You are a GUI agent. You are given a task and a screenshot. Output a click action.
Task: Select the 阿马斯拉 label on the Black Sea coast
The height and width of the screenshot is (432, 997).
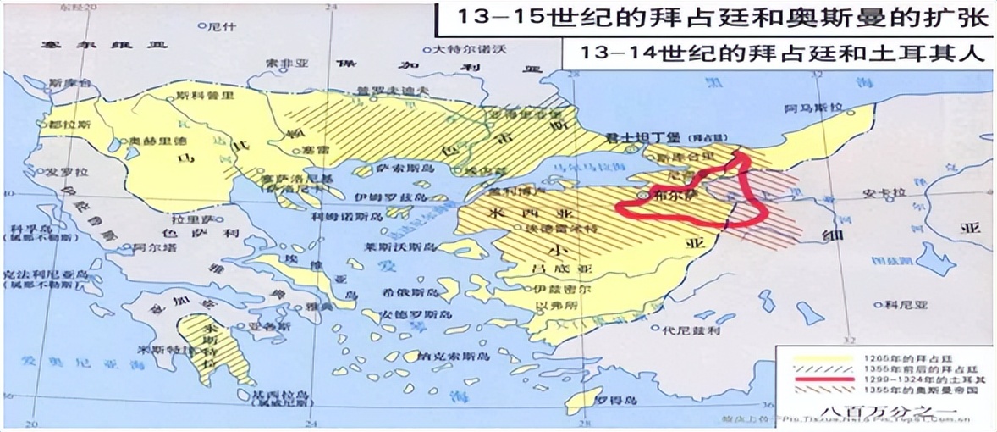coord(815,108)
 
